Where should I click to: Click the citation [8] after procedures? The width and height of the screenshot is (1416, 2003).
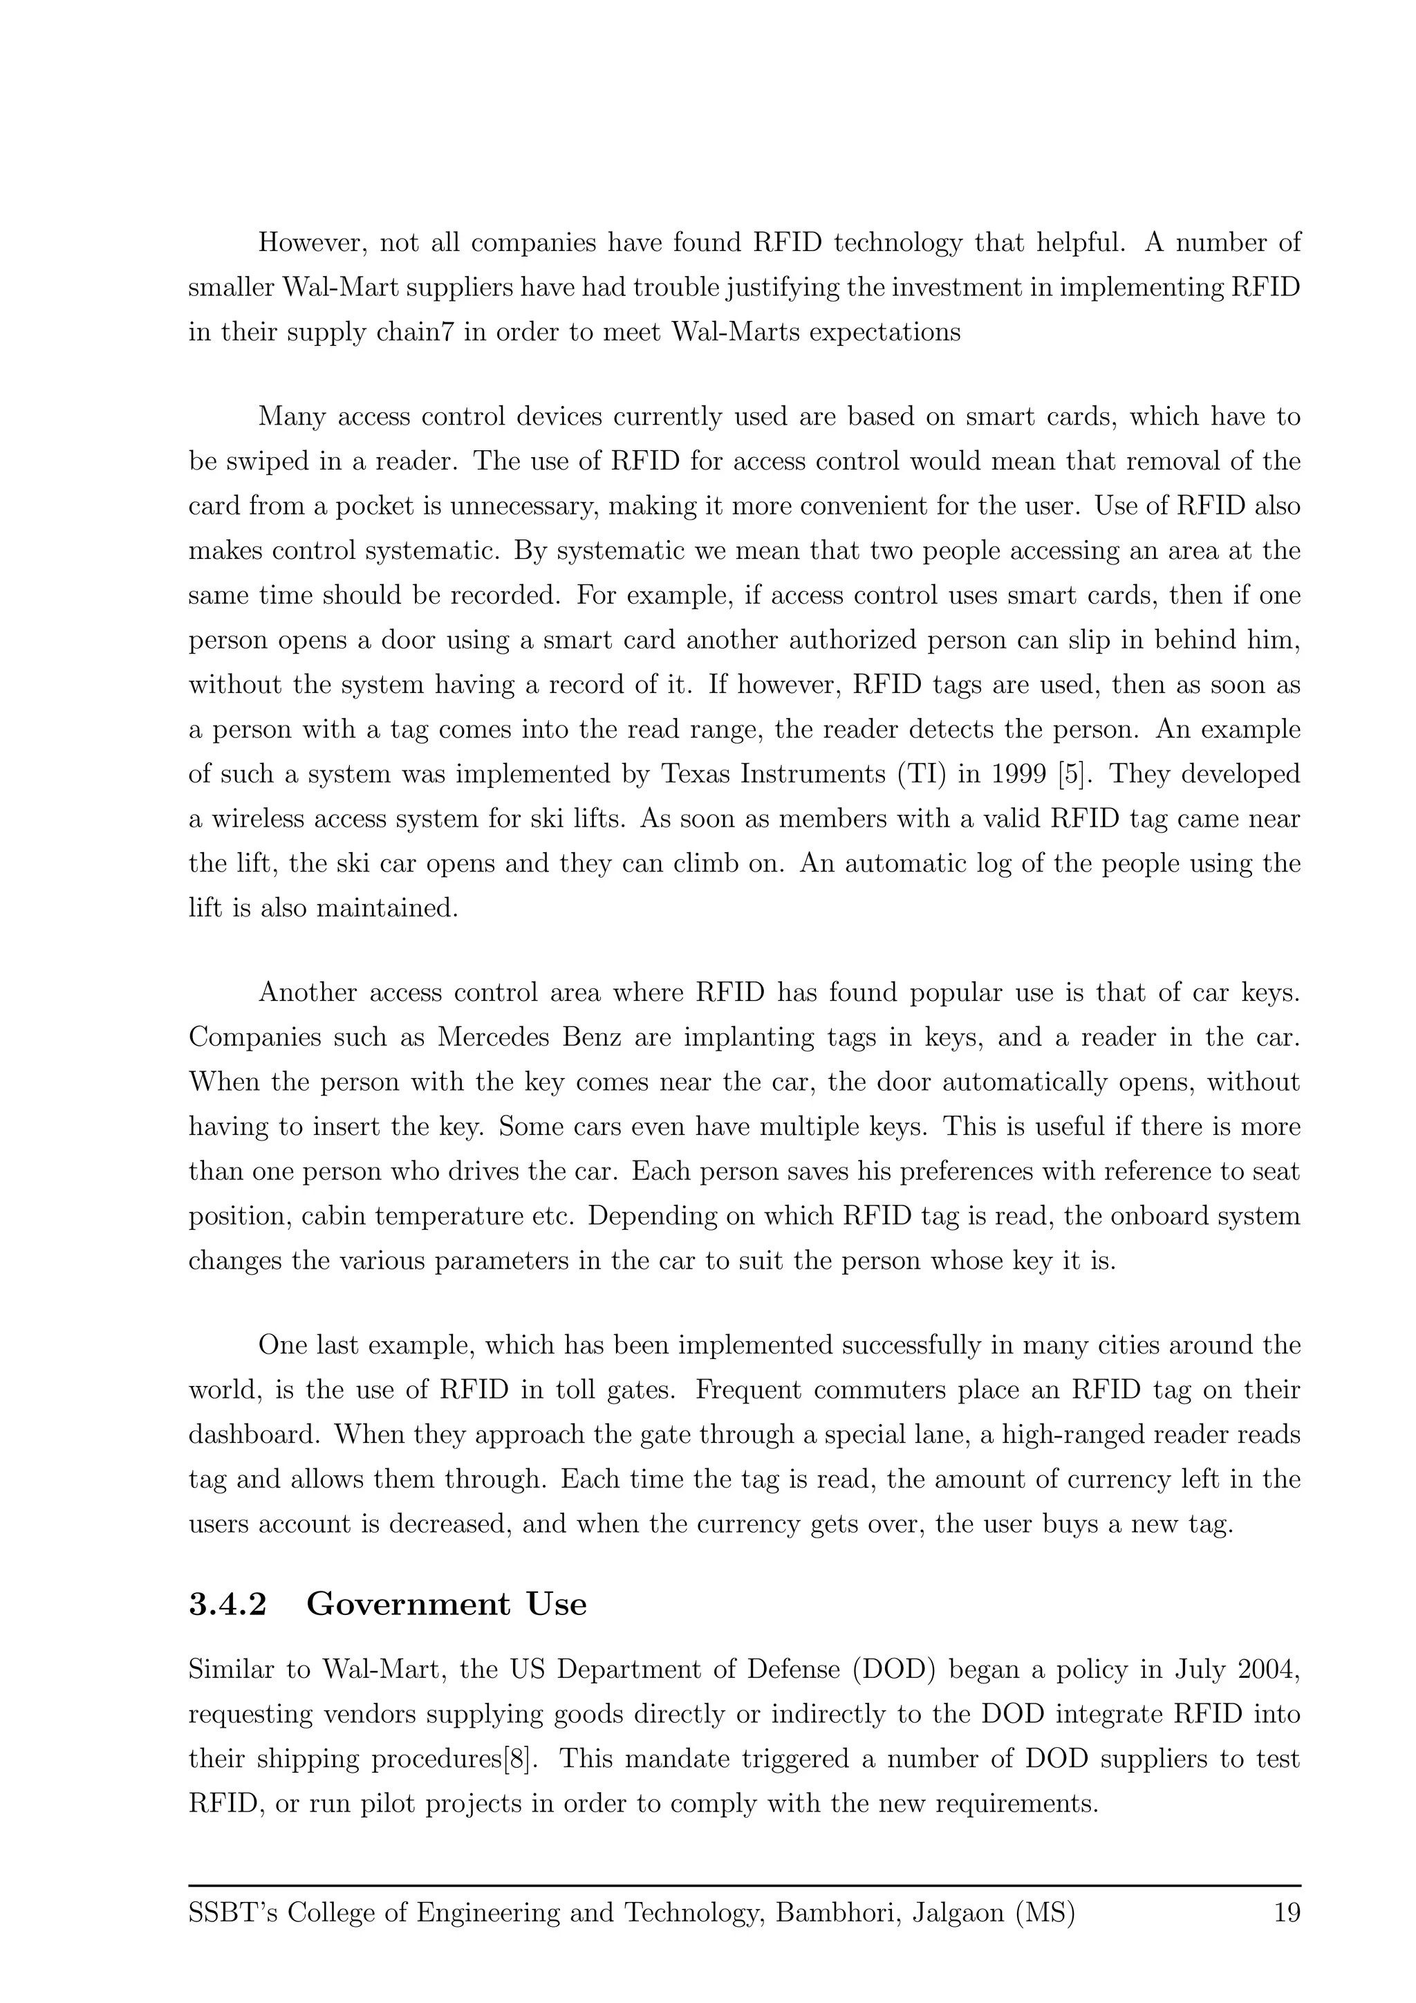point(518,1759)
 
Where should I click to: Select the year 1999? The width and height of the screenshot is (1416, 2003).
point(1016,774)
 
